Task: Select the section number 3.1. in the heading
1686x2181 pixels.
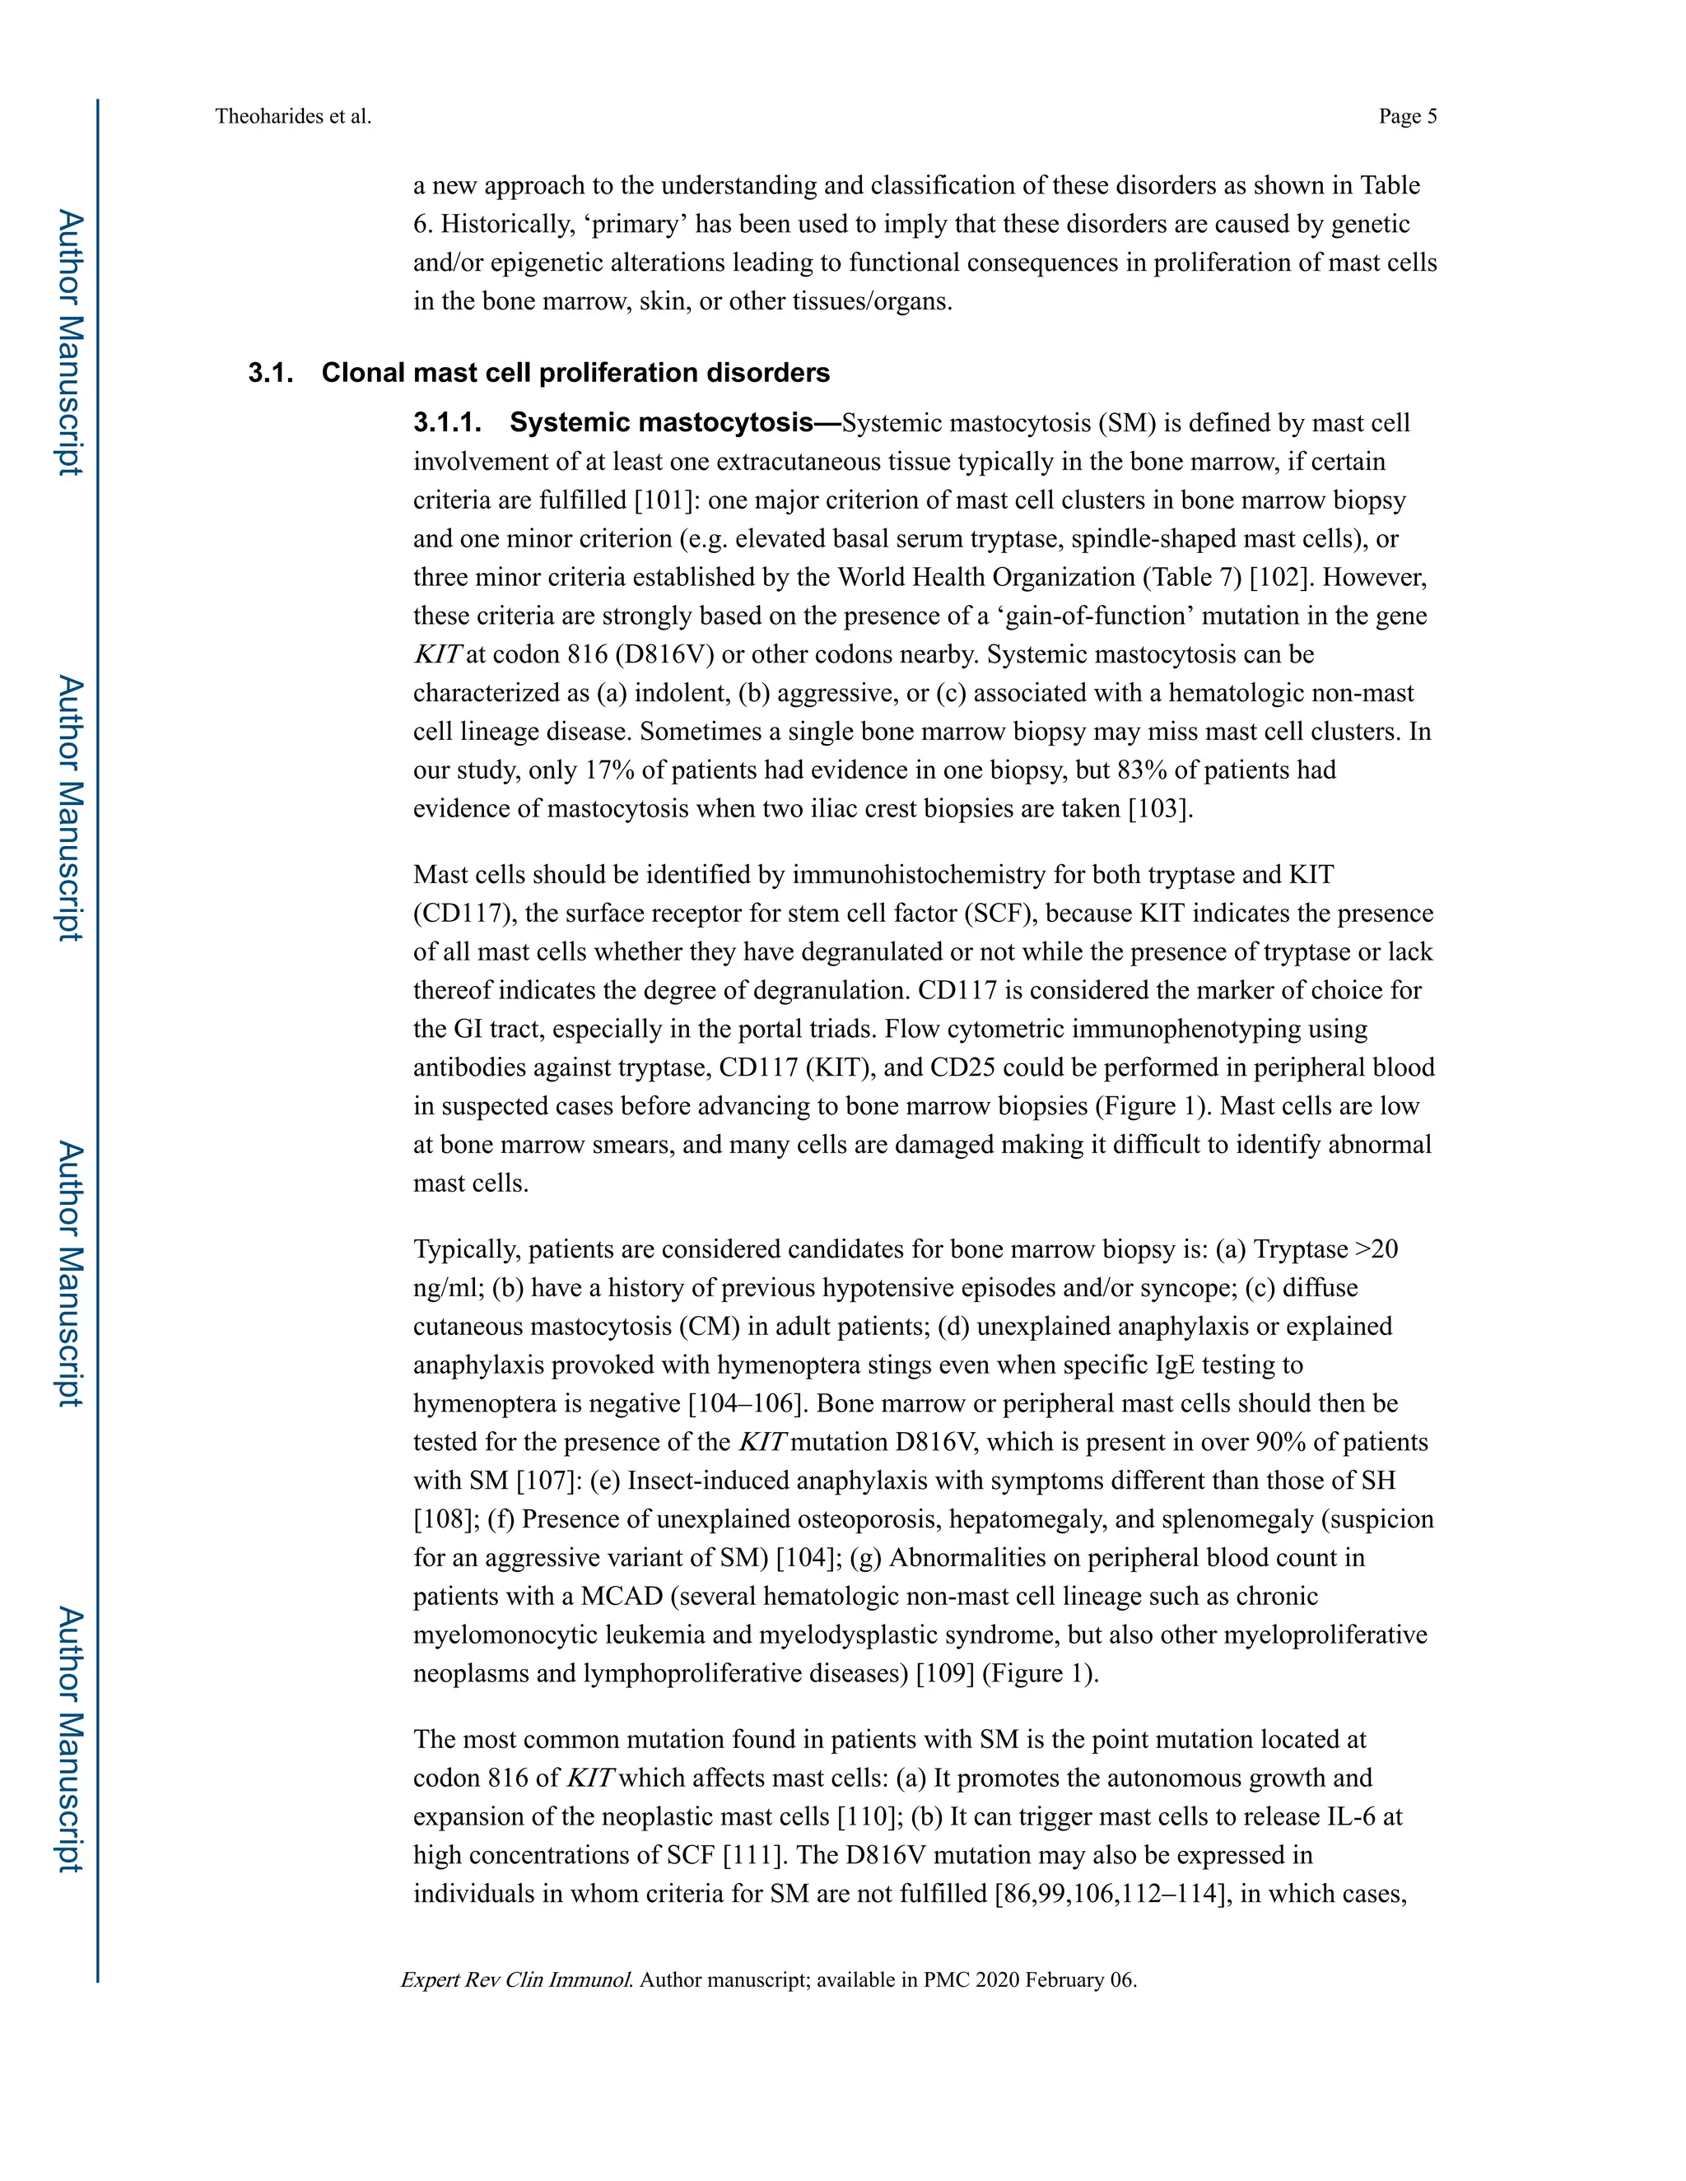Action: (x=271, y=374)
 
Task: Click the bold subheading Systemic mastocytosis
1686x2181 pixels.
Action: (x=661, y=423)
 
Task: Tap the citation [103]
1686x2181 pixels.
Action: (x=1158, y=809)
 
